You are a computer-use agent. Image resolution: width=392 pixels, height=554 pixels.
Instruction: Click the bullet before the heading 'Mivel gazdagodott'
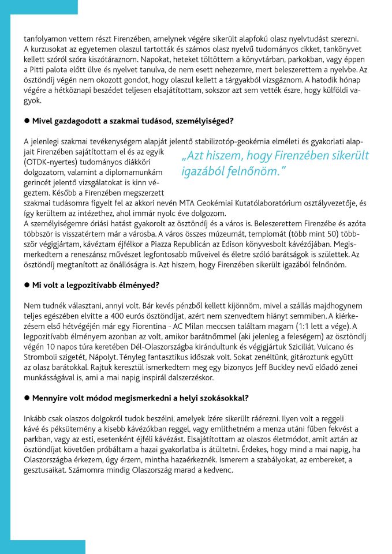(27, 121)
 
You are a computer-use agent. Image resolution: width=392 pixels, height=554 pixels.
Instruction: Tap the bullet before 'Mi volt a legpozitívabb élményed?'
(27, 286)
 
